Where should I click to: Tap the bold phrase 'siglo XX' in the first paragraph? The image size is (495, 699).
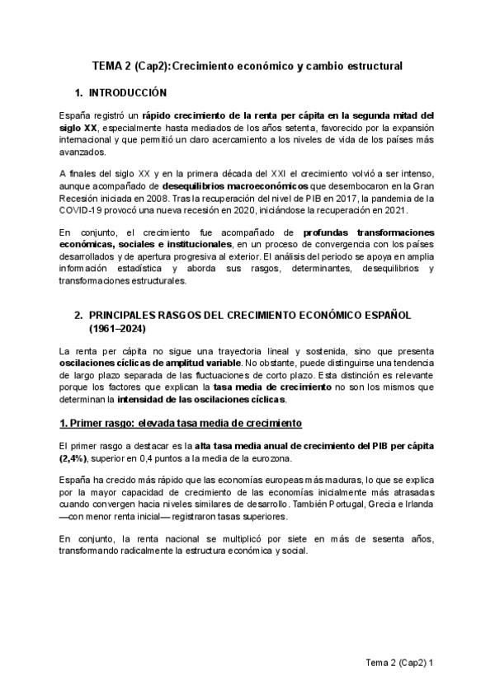78,129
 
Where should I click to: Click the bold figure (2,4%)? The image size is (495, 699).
77,458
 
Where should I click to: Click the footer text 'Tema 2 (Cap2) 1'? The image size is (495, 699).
401,663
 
